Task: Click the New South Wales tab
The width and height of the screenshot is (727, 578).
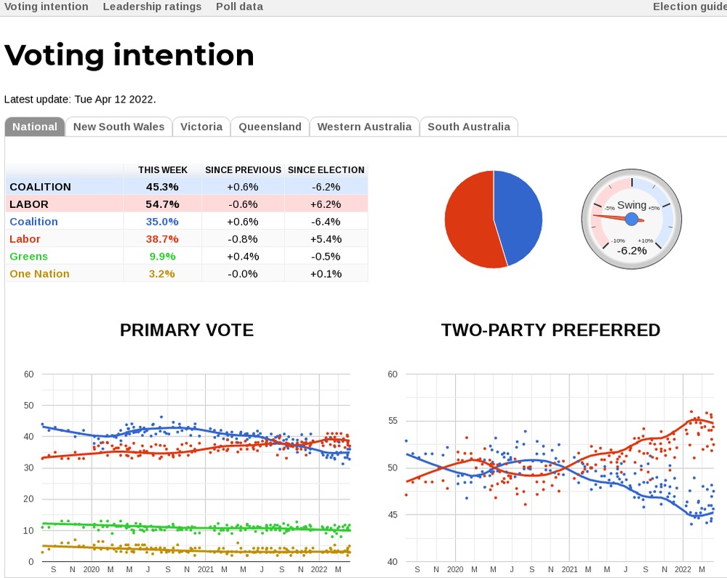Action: [x=119, y=127]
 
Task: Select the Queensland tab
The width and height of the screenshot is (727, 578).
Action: [x=270, y=127]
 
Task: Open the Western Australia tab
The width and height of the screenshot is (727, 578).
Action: [x=364, y=127]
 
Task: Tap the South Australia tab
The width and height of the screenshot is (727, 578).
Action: [x=468, y=127]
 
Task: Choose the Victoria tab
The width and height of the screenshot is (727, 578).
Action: [x=201, y=127]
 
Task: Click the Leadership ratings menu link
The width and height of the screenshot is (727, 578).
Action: [x=152, y=7]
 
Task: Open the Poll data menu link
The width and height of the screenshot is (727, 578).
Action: [x=239, y=7]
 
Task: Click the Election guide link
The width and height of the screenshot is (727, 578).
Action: [x=689, y=7]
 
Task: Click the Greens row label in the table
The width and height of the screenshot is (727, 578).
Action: [x=29, y=257]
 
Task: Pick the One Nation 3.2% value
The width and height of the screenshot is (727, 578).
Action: [x=162, y=274]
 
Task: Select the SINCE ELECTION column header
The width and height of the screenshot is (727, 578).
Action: [x=326, y=169]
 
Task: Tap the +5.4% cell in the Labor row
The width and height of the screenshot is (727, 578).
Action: [x=326, y=239]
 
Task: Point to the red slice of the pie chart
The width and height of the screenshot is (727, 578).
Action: [x=469, y=218]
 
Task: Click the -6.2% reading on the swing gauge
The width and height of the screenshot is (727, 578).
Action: [x=632, y=251]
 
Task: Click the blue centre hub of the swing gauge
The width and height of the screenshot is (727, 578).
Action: [x=632, y=219]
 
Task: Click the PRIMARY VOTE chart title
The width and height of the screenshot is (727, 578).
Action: [x=187, y=330]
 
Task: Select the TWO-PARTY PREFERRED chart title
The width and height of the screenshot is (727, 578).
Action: [x=550, y=330]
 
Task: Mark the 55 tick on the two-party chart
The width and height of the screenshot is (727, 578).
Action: [x=393, y=421]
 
